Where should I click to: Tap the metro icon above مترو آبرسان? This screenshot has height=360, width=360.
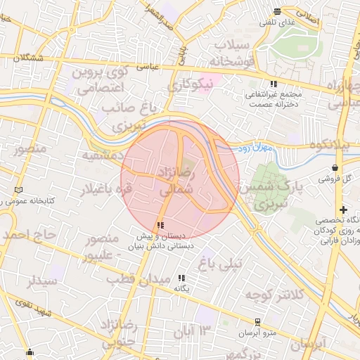pos(258,322)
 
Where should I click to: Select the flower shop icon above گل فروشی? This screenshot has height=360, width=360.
pos(333,168)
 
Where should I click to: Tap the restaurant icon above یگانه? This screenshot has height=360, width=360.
pos(183,278)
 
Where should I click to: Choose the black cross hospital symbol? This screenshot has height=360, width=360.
pos(343,210)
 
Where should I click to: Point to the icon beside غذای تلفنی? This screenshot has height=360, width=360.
pos(277,11)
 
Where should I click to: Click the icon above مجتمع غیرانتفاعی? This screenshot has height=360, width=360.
pos(274,84)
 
